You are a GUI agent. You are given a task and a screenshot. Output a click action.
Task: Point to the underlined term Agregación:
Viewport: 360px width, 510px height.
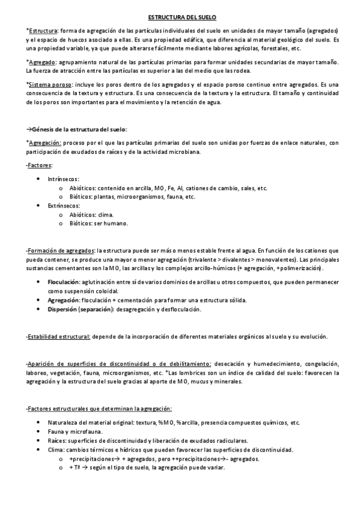coord(44,143)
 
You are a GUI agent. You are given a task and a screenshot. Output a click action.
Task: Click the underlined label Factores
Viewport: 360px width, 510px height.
coord(40,165)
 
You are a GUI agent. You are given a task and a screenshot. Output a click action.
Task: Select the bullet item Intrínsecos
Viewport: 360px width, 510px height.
coord(64,179)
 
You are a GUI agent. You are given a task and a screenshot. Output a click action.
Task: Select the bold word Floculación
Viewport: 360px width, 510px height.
coord(63,281)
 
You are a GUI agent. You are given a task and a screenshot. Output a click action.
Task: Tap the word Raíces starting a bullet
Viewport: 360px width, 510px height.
coord(58,441)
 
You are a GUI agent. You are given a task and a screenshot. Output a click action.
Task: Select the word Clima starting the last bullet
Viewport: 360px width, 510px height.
coord(56,450)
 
